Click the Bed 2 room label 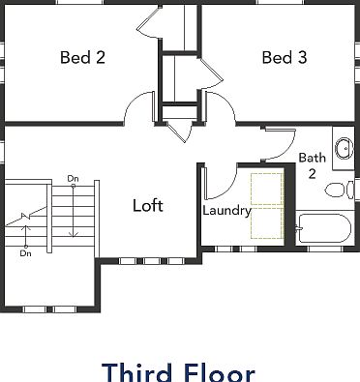click(x=82, y=58)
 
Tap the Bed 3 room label click(x=285, y=58)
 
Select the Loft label click(x=148, y=205)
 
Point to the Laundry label click(x=227, y=210)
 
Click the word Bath click(x=312, y=158)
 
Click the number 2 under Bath click(x=312, y=174)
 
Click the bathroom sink click(x=344, y=148)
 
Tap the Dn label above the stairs click(x=73, y=178)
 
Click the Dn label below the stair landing click(x=25, y=253)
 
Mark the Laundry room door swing click(x=219, y=181)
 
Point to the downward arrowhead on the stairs click(x=73, y=233)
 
